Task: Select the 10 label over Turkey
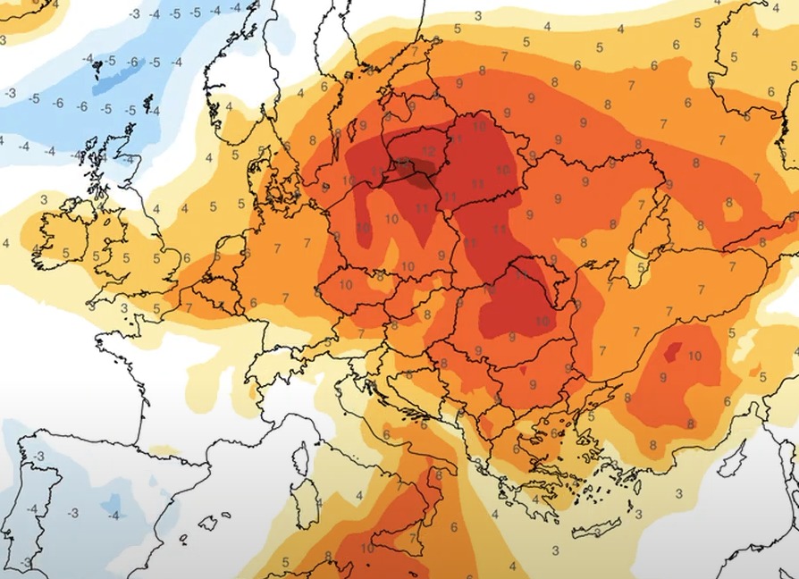[x=694, y=356]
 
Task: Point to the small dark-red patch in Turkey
[x=672, y=348]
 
